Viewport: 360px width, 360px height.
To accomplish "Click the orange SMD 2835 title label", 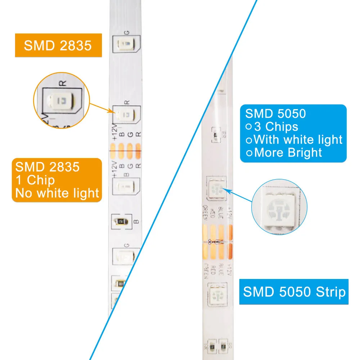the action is [x=58, y=45].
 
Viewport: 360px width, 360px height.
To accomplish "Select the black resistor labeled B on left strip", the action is [x=121, y=221].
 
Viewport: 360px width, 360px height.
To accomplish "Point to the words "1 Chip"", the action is [x=35, y=180].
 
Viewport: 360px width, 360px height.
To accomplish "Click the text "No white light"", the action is [x=57, y=193].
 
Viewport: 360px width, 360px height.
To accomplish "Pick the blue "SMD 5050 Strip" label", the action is [x=294, y=292].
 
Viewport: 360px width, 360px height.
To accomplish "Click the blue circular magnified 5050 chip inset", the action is [x=279, y=207].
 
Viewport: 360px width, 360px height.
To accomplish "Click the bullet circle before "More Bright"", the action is [x=249, y=153].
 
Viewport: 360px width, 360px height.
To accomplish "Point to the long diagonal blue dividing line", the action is [x=173, y=180].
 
